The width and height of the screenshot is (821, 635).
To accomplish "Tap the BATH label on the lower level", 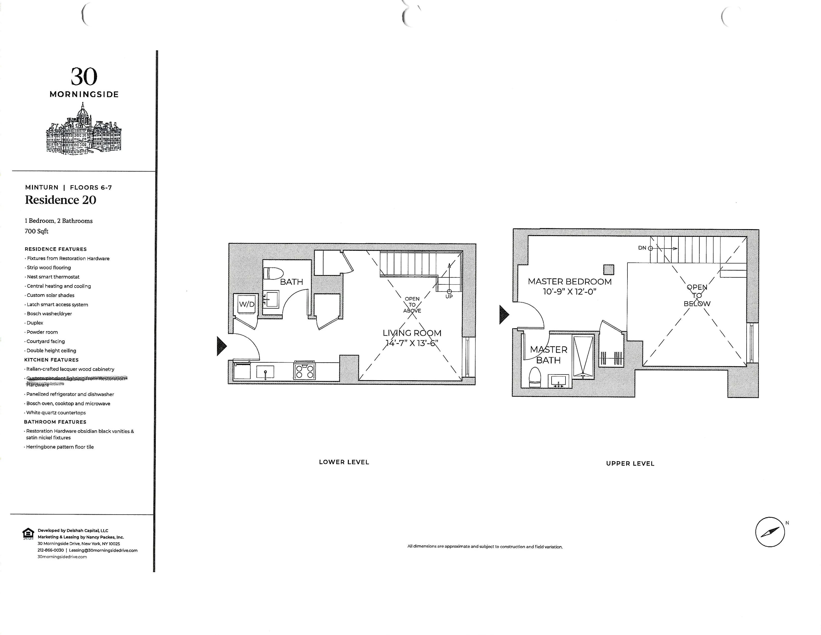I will (291, 282).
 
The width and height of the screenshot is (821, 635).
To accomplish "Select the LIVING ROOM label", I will (412, 333).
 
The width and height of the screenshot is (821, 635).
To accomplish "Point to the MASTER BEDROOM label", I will (569, 281).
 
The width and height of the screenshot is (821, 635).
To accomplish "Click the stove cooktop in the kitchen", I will (305, 371).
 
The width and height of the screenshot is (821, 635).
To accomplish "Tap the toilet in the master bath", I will (535, 377).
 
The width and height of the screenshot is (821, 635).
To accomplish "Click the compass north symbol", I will (770, 532).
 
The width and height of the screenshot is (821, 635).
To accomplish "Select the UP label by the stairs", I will (449, 296).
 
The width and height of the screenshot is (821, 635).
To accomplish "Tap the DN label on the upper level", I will (642, 248).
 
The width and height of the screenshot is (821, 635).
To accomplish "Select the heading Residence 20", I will (60, 200).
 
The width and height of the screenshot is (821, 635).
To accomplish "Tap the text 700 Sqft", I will (37, 231).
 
